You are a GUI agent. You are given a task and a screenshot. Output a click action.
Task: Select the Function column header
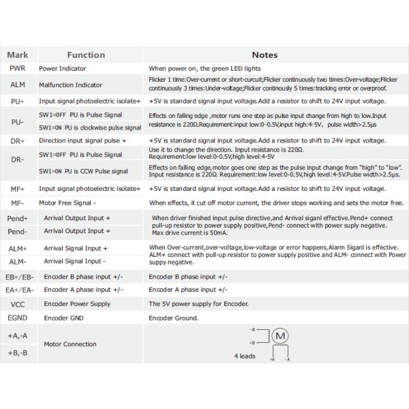pos(86,55)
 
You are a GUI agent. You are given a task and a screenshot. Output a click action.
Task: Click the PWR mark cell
pos(18,69)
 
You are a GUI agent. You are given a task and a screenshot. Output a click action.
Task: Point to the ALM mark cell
pos(18,85)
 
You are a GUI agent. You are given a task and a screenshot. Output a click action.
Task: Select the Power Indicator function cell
pos(65,69)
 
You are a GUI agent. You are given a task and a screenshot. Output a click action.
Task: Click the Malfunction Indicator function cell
pos(70,85)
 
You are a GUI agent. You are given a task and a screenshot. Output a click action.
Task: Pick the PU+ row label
pos(18,101)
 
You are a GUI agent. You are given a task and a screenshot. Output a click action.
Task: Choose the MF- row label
pos(18,203)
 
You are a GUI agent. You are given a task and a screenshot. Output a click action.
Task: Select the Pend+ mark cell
pos(18,218)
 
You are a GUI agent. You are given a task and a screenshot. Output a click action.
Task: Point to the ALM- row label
pos(18,261)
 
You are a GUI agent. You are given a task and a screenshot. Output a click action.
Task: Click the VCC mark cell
pos(18,304)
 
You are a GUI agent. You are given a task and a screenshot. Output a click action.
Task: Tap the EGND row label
pos(18,318)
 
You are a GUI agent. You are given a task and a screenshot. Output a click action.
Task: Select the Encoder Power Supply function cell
pos(77,304)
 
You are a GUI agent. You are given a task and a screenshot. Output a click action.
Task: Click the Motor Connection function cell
pos(70,344)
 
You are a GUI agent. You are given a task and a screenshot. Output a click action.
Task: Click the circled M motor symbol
pos(281,335)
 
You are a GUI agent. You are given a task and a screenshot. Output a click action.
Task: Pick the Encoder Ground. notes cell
pos(174,318)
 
